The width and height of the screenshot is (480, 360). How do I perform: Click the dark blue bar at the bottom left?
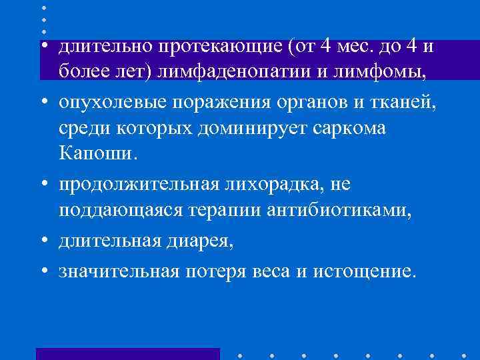(x=128, y=354)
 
